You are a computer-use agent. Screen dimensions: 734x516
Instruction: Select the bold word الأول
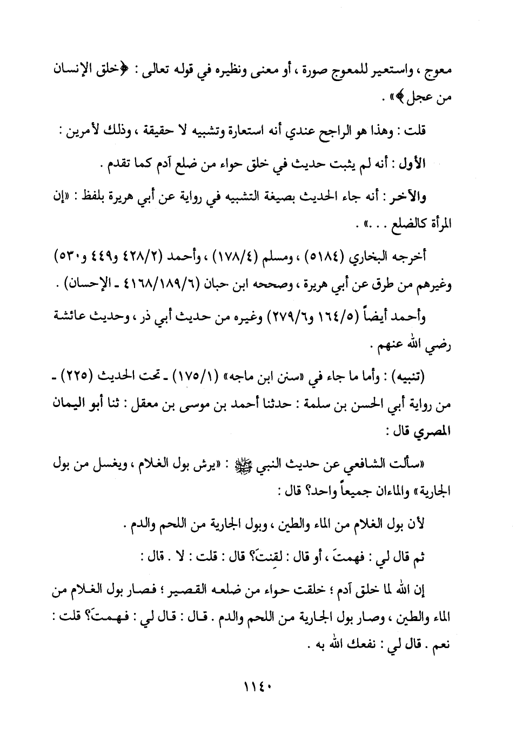pos(413,163)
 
